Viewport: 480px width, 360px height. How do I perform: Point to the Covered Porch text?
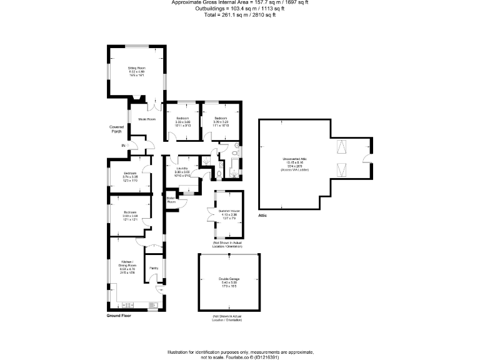click(116, 129)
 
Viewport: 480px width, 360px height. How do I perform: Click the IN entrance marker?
click(124, 146)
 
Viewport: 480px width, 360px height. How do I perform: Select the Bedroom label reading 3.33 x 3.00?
click(182, 122)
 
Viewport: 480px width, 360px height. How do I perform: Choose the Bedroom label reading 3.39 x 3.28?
click(221, 122)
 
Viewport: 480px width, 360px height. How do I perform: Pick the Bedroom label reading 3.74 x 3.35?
click(130, 177)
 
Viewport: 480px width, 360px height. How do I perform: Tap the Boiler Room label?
click(171, 200)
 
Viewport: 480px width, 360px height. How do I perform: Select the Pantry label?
click(153, 267)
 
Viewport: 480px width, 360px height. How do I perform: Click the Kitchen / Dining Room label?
click(127, 268)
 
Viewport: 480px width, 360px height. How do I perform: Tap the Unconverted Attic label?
click(296, 165)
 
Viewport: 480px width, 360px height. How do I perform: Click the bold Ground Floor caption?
click(121, 316)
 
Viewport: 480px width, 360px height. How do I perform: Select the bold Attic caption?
click(262, 215)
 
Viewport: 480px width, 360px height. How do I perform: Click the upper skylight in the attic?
click(341, 147)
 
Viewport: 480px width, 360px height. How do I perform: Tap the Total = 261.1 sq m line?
click(239, 14)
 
